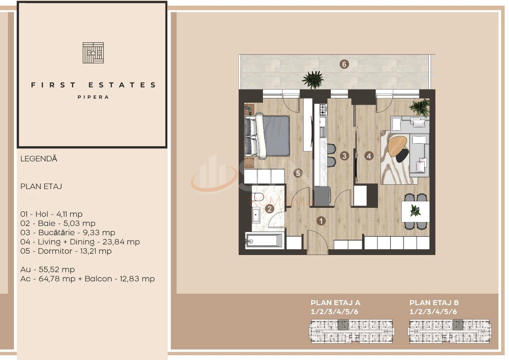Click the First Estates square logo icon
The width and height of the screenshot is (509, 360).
[x=93, y=53]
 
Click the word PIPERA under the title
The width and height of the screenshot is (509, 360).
[x=93, y=97]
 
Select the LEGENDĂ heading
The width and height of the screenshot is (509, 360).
[x=38, y=159]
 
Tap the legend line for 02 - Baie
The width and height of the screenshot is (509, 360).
[x=58, y=223]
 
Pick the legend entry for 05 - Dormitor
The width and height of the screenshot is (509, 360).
[x=66, y=251]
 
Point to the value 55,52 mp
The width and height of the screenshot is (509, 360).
[x=57, y=270]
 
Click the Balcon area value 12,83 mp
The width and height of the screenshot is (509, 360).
[x=137, y=279]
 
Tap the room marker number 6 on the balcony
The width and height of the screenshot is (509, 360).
[x=344, y=64]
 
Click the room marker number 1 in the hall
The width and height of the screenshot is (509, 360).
[x=321, y=221]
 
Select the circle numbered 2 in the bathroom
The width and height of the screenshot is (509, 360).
[x=269, y=209]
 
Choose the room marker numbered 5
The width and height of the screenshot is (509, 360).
[x=298, y=173]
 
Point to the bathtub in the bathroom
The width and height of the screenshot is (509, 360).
[x=264, y=240]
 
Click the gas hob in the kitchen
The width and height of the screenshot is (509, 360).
[x=324, y=110]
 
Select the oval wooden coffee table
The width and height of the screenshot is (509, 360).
[x=397, y=146]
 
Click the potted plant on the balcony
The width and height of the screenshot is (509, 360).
[x=313, y=80]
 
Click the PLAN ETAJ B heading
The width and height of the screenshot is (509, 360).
[x=434, y=303]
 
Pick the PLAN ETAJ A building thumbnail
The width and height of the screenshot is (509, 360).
[x=352, y=331]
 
